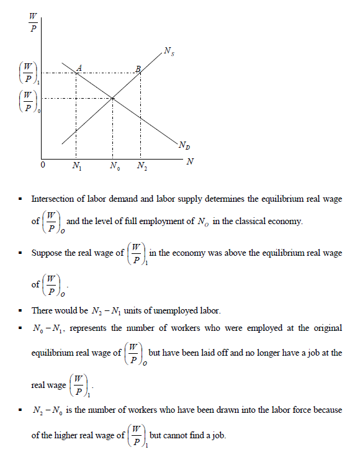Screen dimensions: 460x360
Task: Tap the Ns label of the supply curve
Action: click(x=169, y=50)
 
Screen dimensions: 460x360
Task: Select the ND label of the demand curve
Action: click(x=184, y=146)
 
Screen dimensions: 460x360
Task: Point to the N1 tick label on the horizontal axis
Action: click(x=76, y=166)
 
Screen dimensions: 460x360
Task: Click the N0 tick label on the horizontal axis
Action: click(x=114, y=166)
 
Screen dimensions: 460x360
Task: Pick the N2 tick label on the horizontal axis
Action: click(x=142, y=166)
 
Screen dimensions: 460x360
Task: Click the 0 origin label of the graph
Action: click(x=42, y=166)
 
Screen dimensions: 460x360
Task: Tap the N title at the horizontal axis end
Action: click(x=190, y=161)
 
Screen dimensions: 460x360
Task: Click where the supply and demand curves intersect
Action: click(x=112, y=97)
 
